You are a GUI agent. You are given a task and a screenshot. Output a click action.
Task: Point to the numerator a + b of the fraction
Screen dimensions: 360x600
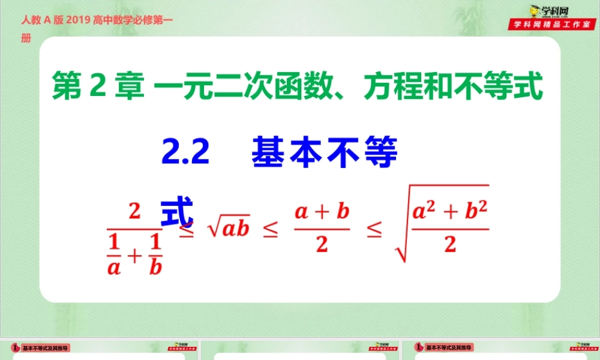click(322, 212)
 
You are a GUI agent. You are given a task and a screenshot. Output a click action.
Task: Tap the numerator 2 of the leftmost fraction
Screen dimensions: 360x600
click(134, 212)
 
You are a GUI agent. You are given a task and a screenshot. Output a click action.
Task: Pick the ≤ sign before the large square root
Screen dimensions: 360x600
click(374, 231)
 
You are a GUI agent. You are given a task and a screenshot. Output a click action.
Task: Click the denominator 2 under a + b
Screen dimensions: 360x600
click(322, 246)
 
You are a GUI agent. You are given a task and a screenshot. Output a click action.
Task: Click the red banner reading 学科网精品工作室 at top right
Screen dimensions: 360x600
click(551, 25)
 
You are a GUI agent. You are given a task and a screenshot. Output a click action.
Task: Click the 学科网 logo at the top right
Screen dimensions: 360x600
click(551, 10)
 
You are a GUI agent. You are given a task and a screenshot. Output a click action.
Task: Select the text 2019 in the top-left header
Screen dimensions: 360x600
click(77, 20)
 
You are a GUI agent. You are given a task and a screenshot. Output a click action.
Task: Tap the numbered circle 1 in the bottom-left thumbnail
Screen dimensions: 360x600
click(14, 347)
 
